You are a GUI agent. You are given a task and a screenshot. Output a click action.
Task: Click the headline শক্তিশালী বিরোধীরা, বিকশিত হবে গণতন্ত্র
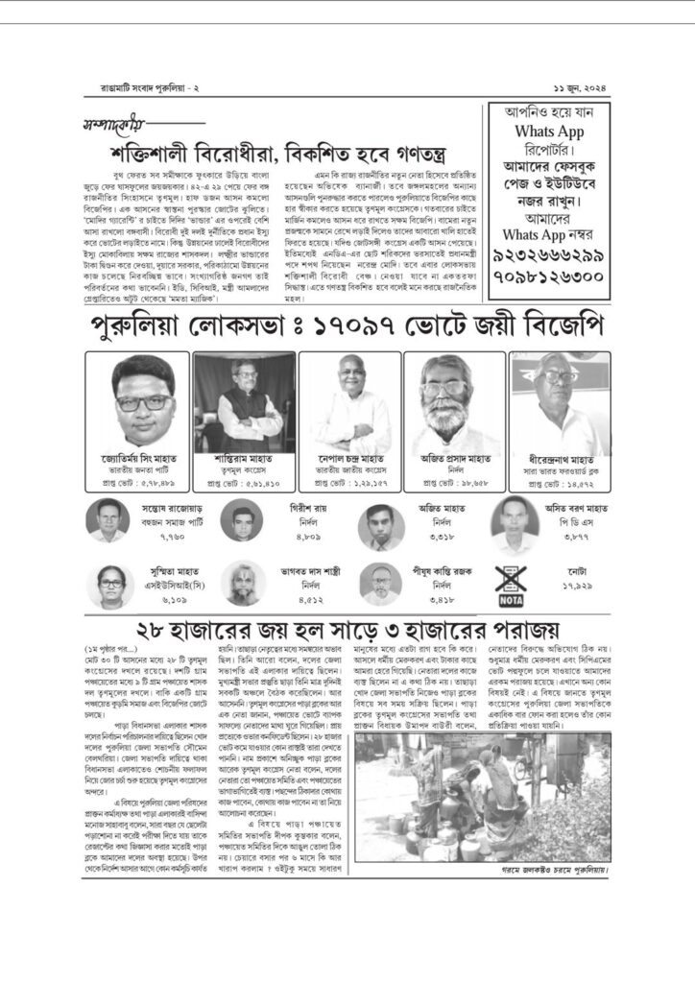click(284, 157)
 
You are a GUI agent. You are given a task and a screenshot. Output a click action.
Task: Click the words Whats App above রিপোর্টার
click(551, 130)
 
